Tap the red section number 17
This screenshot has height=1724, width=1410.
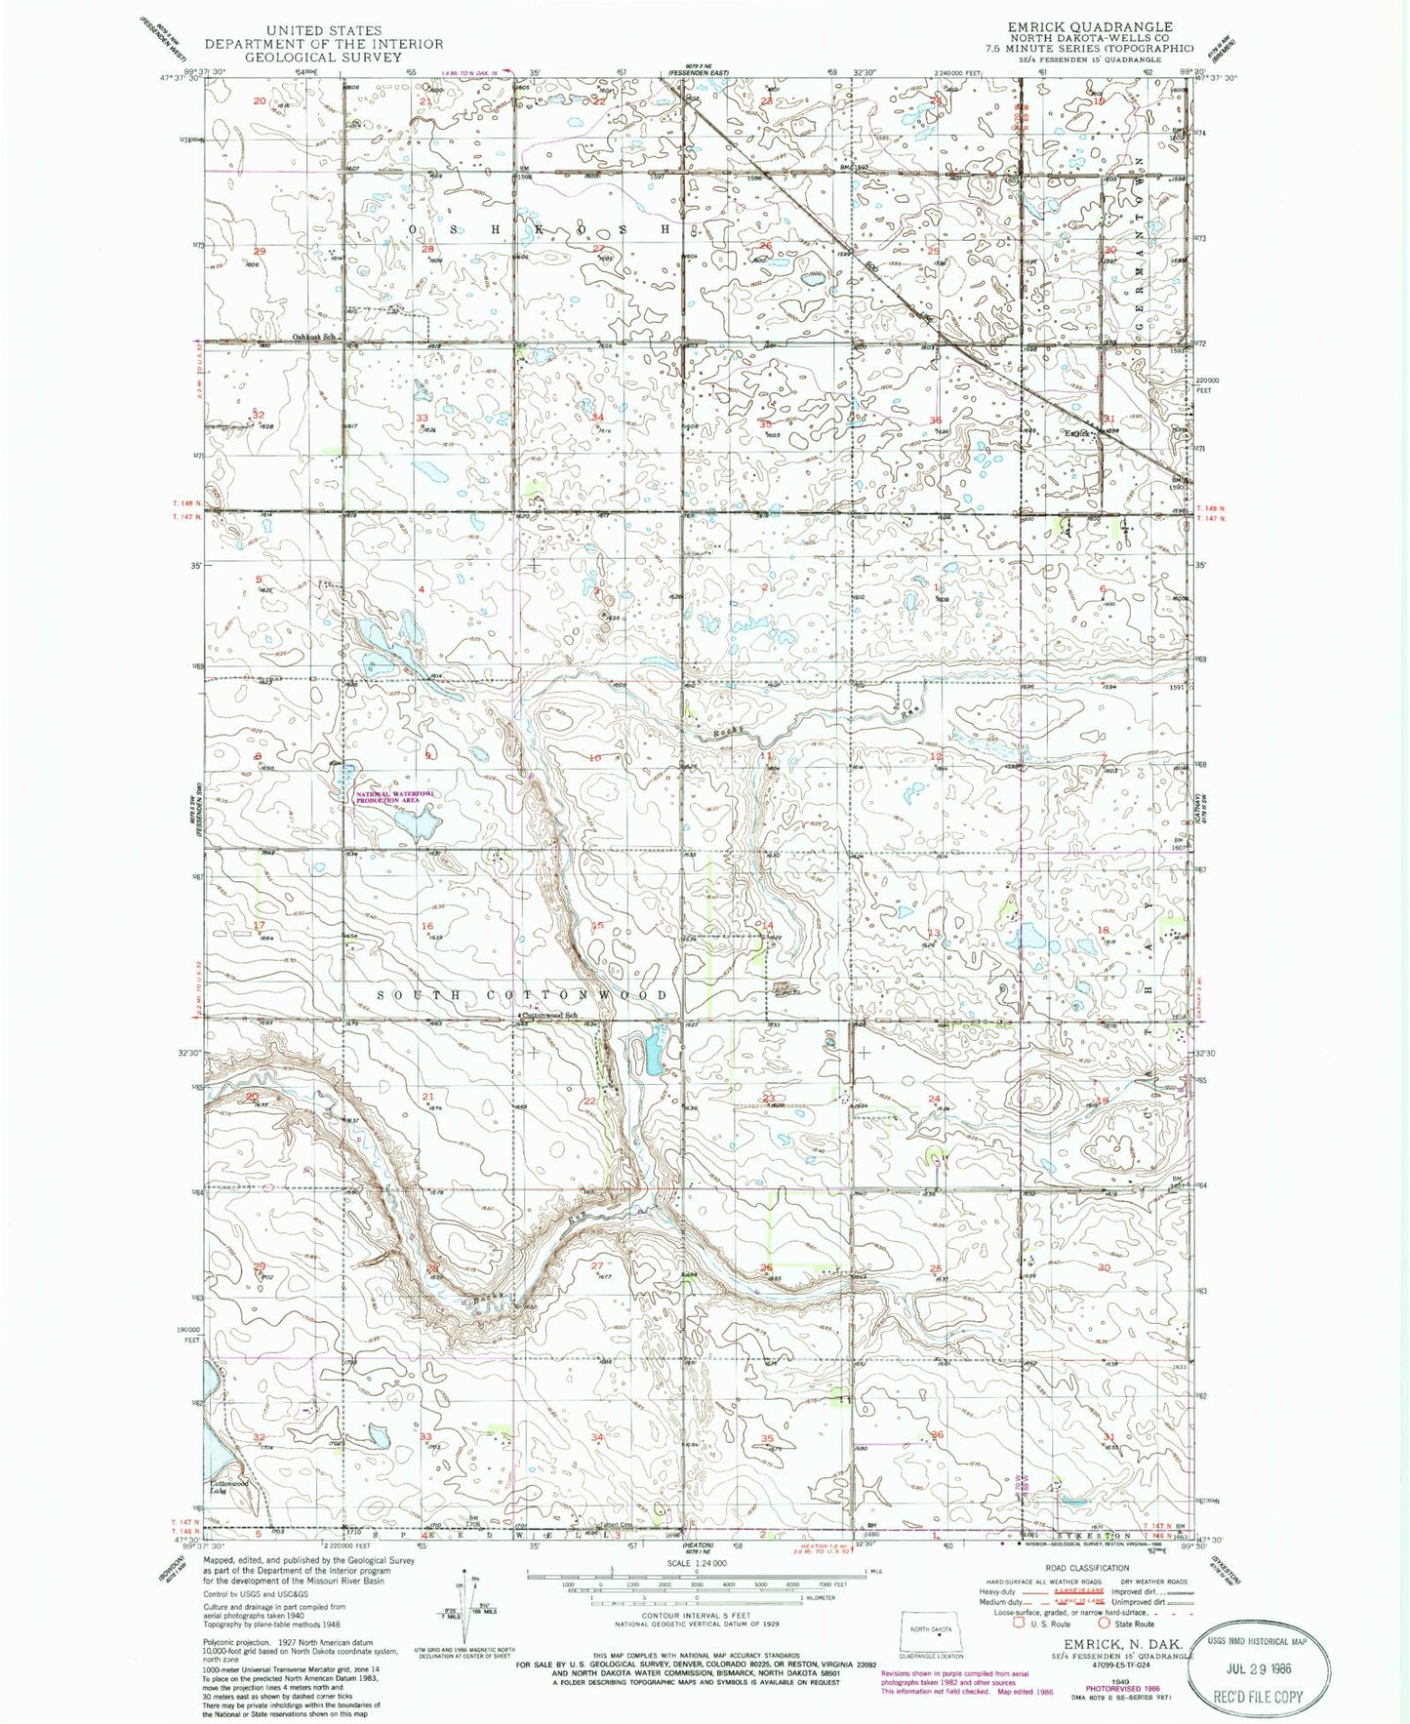(259, 924)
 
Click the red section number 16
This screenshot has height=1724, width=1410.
(426, 926)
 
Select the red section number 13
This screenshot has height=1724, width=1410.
(933, 933)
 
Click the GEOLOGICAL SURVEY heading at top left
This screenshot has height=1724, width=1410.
(308, 57)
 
